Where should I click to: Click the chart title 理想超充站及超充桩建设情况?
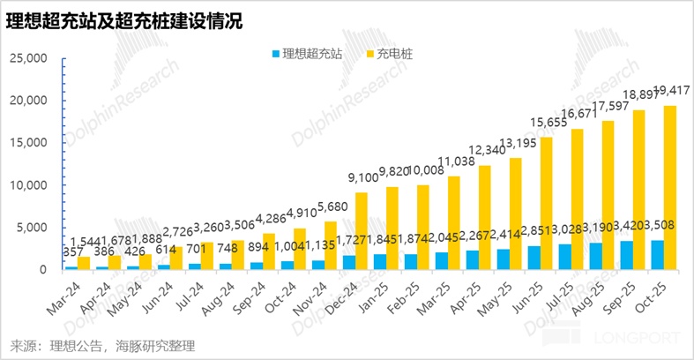[123, 19]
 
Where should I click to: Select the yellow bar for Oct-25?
[671, 187]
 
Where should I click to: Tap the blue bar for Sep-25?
[627, 255]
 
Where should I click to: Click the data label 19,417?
[670, 90]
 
